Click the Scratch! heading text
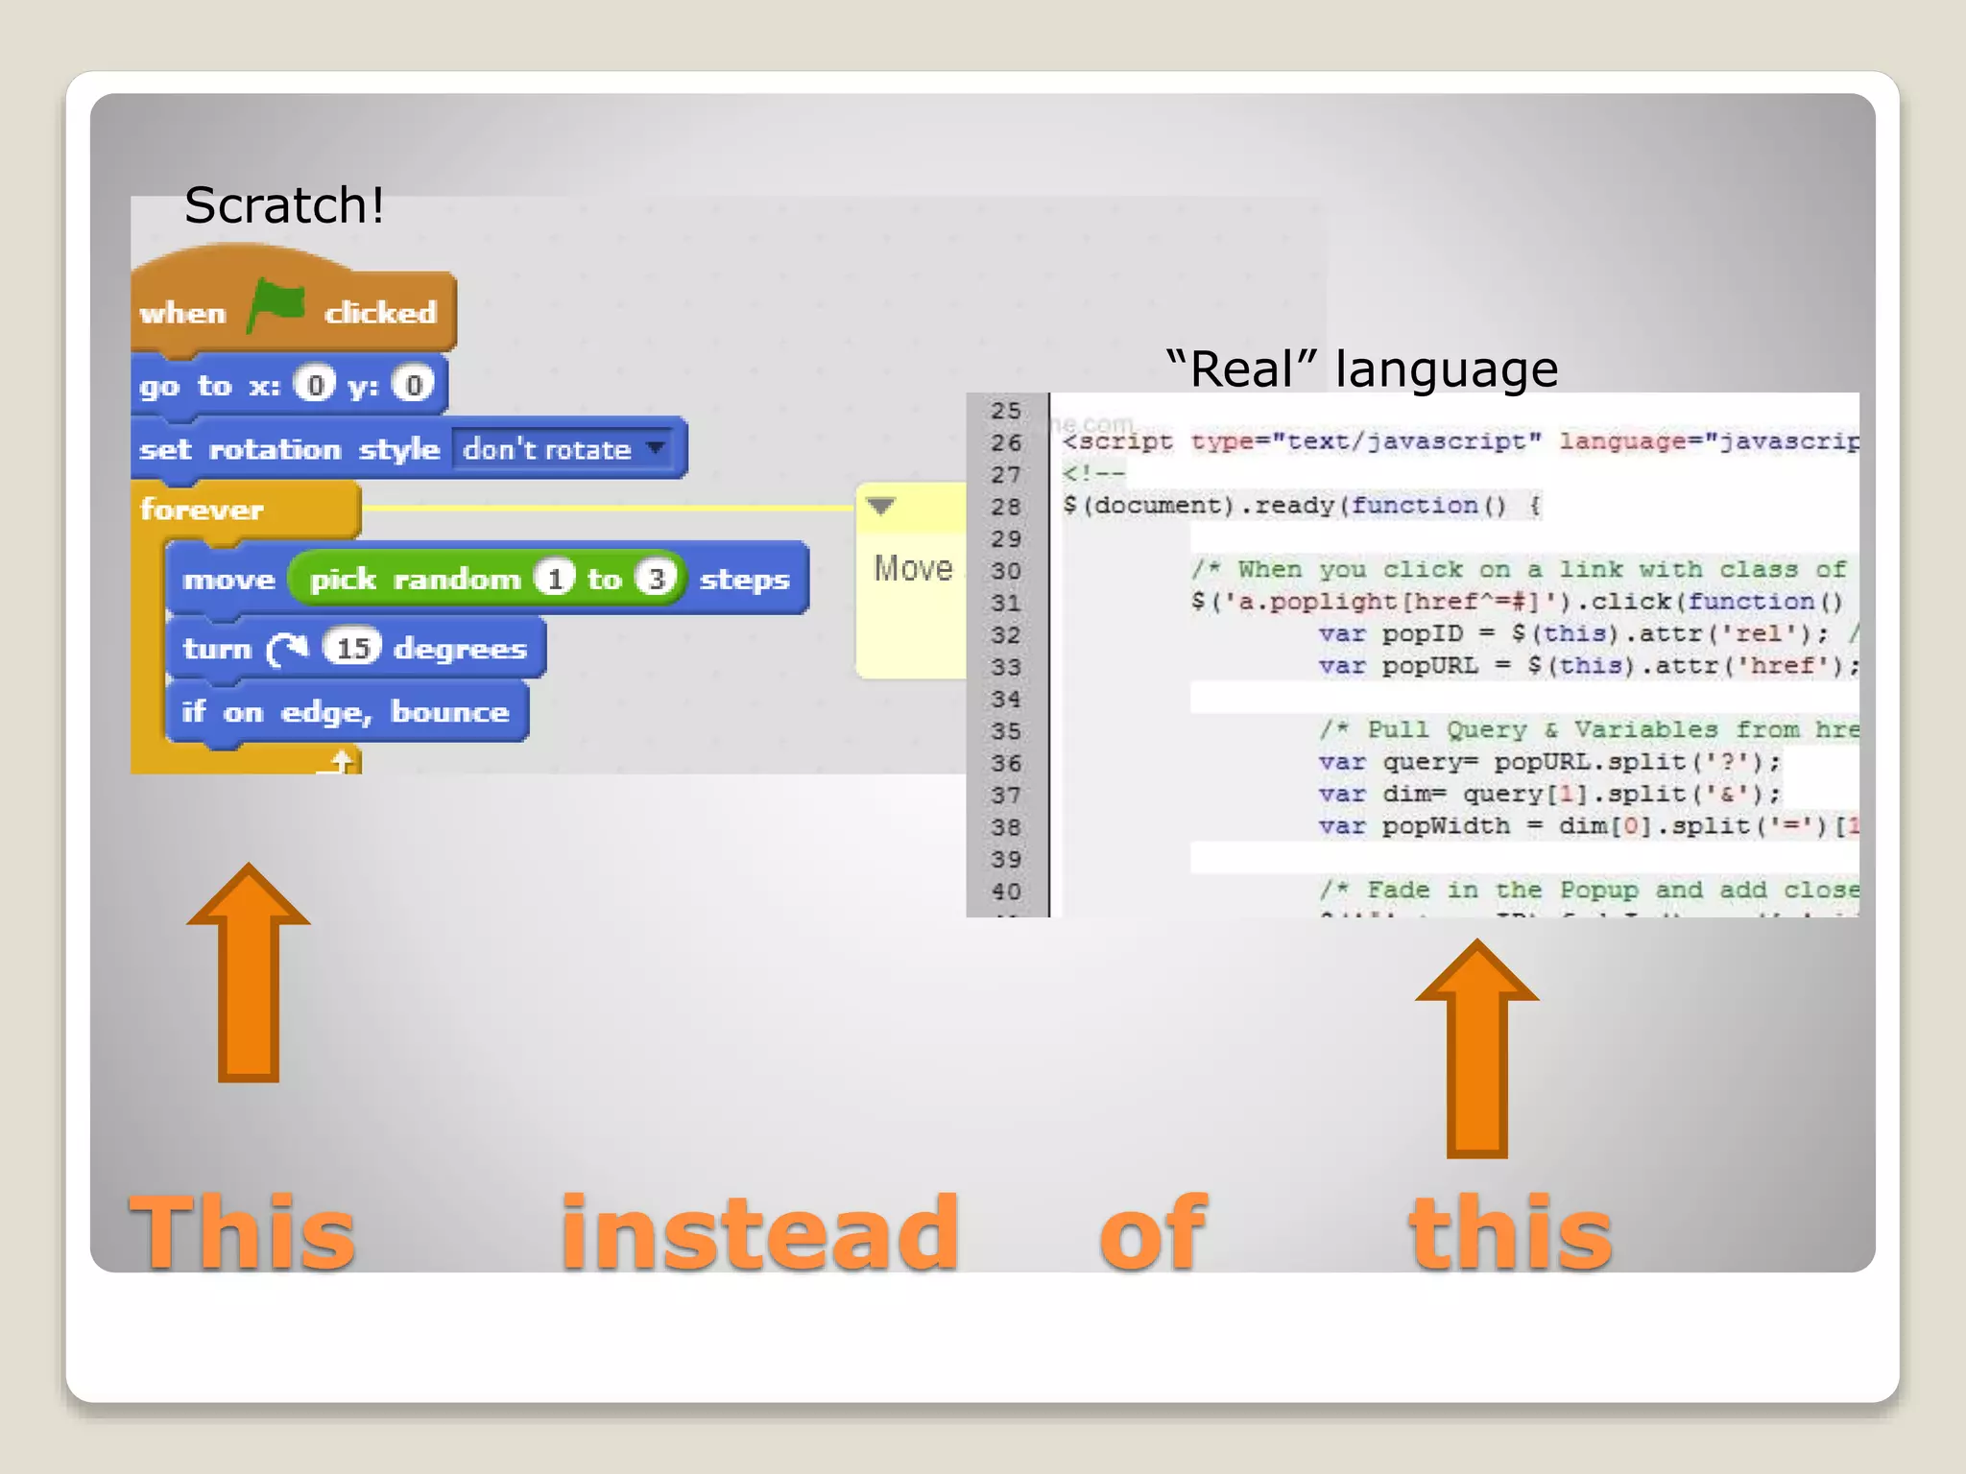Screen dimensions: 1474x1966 click(284, 205)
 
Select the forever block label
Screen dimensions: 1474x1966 click(202, 510)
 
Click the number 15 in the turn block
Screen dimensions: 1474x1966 click(352, 649)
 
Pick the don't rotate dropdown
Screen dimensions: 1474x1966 click(563, 449)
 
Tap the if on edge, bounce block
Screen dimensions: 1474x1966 click(346, 712)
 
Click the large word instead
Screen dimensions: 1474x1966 click(759, 1233)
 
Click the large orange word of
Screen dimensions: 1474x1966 click(1152, 1233)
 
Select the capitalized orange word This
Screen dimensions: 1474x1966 click(242, 1233)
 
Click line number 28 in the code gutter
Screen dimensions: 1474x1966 click(1006, 507)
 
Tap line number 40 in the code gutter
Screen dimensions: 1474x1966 click(1006, 892)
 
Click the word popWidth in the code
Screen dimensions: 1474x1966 click(1446, 826)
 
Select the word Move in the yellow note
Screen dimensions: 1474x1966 click(913, 568)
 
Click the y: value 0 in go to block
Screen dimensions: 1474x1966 click(413, 386)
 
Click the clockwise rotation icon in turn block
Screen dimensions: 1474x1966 click(287, 650)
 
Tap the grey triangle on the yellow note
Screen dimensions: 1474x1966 click(880, 506)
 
